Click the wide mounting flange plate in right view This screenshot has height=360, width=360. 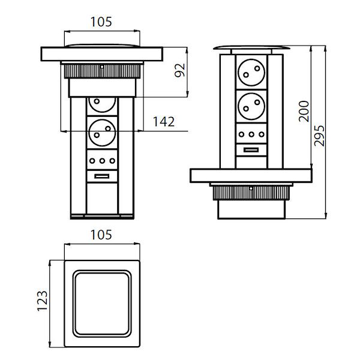pos(250,176)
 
